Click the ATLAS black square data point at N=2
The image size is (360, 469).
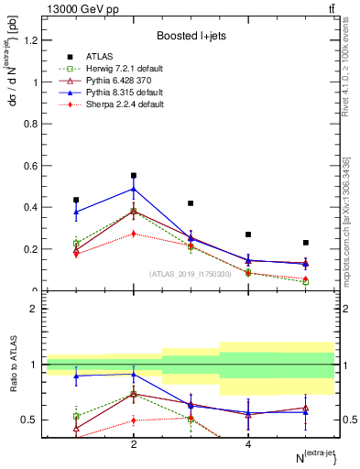[x=134, y=175]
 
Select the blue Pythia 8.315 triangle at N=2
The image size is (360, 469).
[x=134, y=189]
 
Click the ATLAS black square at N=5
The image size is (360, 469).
[x=306, y=243]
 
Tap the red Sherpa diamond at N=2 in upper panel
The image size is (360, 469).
[x=134, y=234]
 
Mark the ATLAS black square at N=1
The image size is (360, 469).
[x=76, y=200]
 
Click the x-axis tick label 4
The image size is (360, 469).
[x=248, y=444]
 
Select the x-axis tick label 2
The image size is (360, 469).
[x=134, y=444]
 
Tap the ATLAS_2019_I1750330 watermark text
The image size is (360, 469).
[x=191, y=273]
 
